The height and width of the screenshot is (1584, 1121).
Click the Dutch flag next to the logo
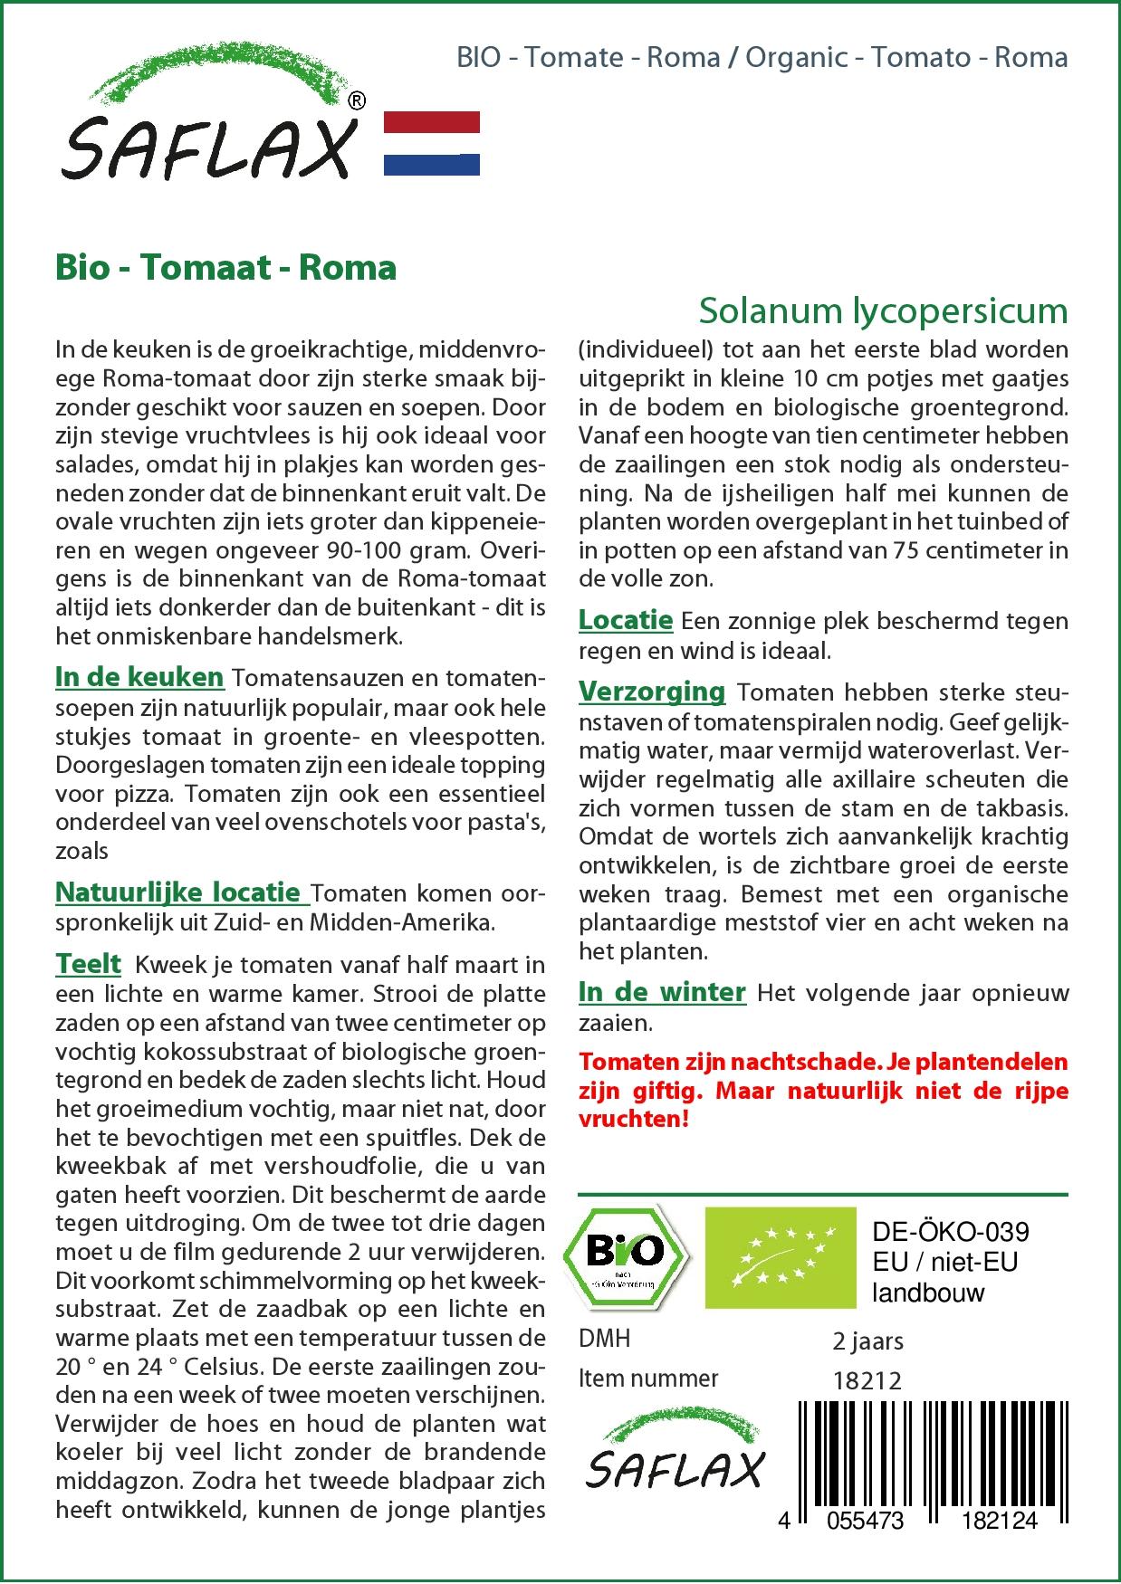[432, 143]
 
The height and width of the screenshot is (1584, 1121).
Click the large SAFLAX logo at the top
[208, 127]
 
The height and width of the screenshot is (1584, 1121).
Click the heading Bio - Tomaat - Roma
[225, 268]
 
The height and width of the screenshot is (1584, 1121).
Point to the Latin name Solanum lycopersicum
[883, 310]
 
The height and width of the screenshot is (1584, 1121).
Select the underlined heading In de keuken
[139, 677]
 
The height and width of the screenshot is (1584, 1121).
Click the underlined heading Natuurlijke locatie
[181, 892]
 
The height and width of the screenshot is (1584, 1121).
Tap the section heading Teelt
[88, 964]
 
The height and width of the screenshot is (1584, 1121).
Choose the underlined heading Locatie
[626, 620]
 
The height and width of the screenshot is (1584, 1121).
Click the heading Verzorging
[652, 692]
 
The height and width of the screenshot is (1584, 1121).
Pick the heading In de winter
[662, 992]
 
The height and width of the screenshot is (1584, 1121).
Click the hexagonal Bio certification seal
[626, 1255]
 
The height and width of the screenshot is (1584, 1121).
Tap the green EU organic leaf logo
[781, 1257]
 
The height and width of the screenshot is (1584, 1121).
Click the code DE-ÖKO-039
[950, 1232]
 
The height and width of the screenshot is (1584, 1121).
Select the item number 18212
[867, 1380]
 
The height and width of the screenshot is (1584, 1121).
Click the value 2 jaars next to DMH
[867, 1341]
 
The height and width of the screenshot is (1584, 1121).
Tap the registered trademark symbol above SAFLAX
[357, 100]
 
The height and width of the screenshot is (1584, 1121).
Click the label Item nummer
[648, 1379]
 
